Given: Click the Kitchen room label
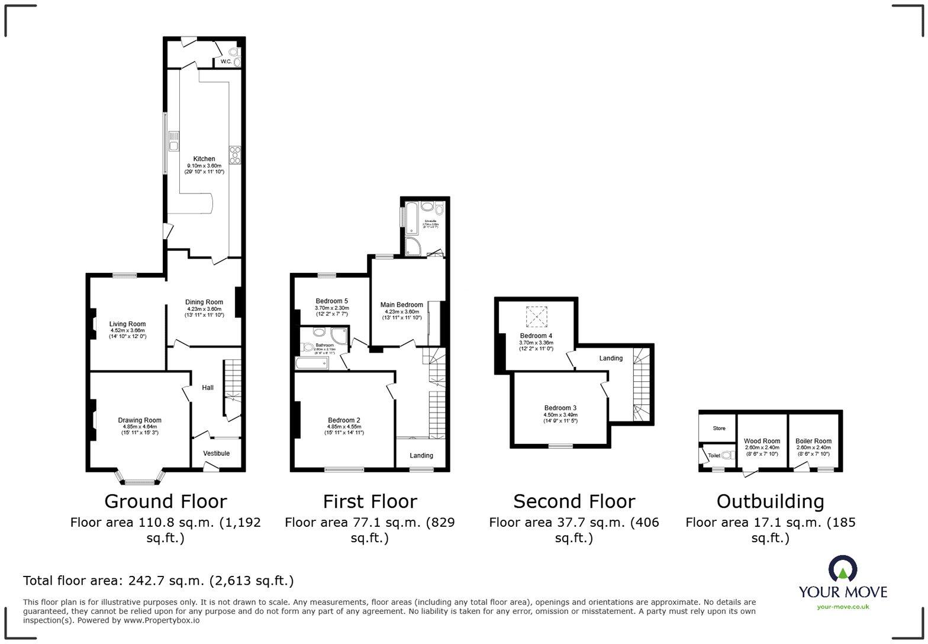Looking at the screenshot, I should click(x=204, y=159).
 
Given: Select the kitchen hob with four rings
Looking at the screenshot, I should click(x=235, y=154).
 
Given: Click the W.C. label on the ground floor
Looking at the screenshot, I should click(x=226, y=62).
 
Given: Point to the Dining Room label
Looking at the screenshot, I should click(x=204, y=302).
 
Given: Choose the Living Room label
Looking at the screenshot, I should click(x=127, y=324).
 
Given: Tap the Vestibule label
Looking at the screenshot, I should click(x=216, y=453).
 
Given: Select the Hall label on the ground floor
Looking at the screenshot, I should click(x=208, y=388).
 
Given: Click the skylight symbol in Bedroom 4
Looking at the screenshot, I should click(x=537, y=317).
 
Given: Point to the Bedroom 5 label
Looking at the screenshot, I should click(x=331, y=301).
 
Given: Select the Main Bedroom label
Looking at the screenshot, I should click(x=401, y=305).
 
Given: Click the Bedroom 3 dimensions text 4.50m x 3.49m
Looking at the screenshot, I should click(x=560, y=414).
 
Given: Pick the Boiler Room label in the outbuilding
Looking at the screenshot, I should click(x=813, y=441).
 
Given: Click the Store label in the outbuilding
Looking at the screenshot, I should click(x=719, y=428).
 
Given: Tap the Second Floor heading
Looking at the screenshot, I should click(x=573, y=501).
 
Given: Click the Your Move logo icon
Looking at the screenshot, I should click(x=843, y=568).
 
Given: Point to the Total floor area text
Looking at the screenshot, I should click(x=158, y=580).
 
